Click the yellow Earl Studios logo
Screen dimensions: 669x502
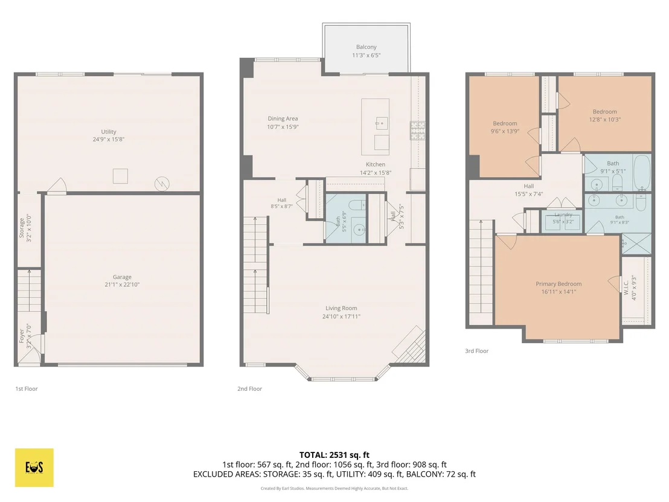[x=34, y=468]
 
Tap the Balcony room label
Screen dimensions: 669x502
[x=367, y=47]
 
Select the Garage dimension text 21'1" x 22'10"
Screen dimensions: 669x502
[x=122, y=285]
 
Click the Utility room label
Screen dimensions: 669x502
[x=108, y=132]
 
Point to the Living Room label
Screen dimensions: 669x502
[x=341, y=308]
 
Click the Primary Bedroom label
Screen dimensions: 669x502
[x=559, y=284]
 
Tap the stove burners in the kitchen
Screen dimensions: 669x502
[x=418, y=130]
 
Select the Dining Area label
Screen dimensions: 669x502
[x=283, y=118]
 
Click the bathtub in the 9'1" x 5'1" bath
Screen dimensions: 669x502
[x=642, y=173]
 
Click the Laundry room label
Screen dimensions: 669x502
[x=563, y=214]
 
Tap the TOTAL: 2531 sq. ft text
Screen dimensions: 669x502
[x=334, y=455]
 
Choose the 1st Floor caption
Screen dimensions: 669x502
[x=27, y=389]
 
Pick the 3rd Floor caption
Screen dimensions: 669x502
[x=476, y=351]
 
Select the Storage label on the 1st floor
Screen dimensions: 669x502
[x=22, y=228]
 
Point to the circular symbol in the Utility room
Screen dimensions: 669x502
[x=162, y=184]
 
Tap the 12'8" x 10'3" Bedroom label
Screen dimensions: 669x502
[x=604, y=112]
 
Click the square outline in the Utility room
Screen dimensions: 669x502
[x=120, y=176]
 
